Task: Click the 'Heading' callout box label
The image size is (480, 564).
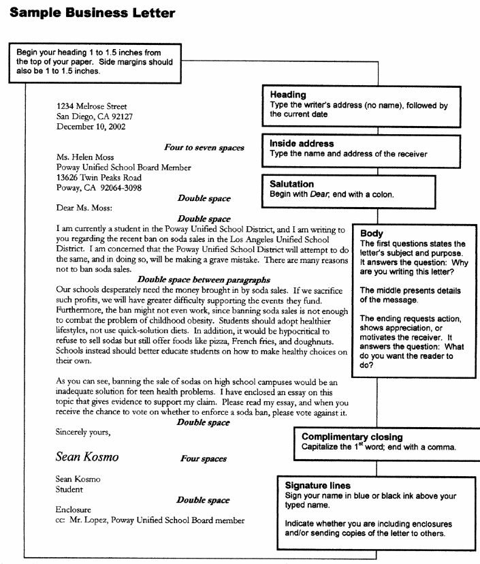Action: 288,95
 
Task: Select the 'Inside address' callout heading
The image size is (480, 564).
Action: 302,144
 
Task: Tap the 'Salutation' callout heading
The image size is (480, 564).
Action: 292,184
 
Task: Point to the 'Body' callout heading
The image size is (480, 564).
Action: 371,233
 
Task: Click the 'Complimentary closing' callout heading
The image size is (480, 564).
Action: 352,437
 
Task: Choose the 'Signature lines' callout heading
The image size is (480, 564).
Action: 318,486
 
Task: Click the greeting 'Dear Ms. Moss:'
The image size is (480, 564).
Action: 84,208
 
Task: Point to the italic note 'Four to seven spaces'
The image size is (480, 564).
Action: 204,146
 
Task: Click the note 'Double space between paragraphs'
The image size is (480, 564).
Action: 204,280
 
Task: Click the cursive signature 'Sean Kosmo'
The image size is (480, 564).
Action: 87,457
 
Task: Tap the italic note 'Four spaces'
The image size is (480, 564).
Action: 204,458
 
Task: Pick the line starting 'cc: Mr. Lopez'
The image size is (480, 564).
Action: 150,521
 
